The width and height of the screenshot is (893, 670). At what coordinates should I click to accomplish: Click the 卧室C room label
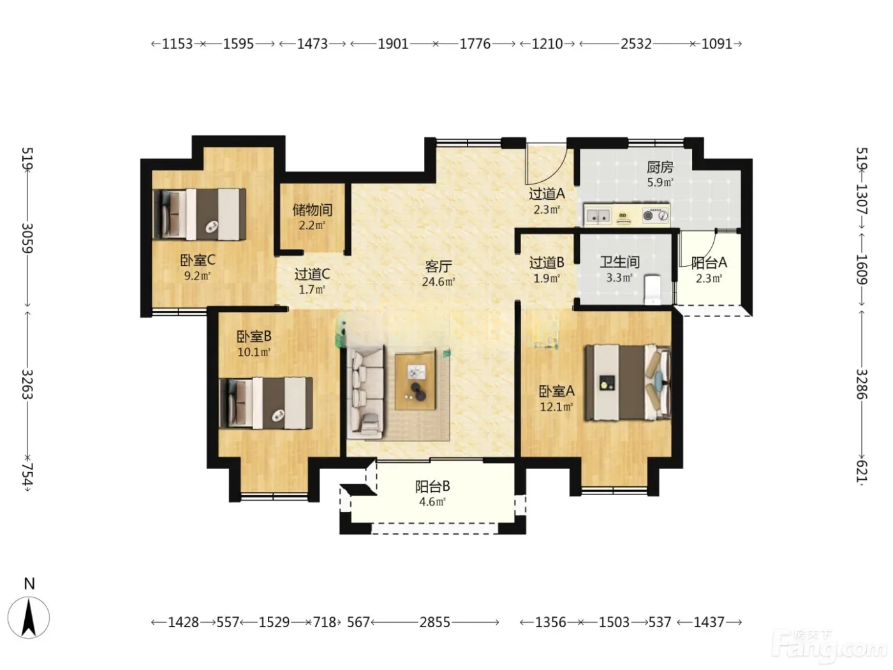[197, 260]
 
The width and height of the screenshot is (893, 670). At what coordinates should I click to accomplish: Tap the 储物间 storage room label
[313, 209]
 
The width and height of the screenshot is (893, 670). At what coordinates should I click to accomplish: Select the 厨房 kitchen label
[660, 167]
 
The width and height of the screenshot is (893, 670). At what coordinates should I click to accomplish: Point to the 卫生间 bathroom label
[619, 262]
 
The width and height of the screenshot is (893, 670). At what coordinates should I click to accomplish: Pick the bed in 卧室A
[628, 383]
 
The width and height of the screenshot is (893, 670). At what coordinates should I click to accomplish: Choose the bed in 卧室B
[265, 403]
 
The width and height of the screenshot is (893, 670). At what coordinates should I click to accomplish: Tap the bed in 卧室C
[200, 214]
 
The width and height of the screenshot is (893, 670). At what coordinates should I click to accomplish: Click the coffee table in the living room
[415, 380]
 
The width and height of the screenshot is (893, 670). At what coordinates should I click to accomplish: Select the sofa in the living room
[365, 392]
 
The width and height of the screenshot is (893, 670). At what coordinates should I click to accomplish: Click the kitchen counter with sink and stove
[627, 215]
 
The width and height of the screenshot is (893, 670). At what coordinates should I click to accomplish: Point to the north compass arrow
[29, 618]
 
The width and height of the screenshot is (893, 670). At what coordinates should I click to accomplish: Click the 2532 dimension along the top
[636, 43]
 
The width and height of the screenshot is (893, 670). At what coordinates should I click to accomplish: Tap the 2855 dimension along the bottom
[434, 622]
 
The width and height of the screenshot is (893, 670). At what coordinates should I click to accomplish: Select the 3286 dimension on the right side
[862, 384]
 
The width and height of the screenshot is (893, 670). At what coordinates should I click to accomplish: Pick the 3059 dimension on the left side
[27, 238]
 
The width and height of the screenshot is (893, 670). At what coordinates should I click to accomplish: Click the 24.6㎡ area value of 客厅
[438, 281]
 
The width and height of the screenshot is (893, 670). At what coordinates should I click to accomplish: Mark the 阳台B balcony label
[432, 486]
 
